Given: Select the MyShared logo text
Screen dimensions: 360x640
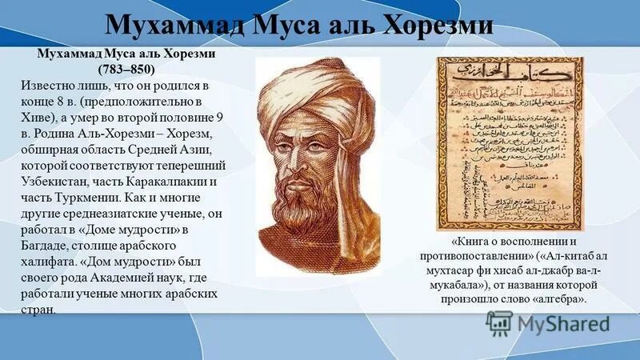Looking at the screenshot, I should [563, 323].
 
